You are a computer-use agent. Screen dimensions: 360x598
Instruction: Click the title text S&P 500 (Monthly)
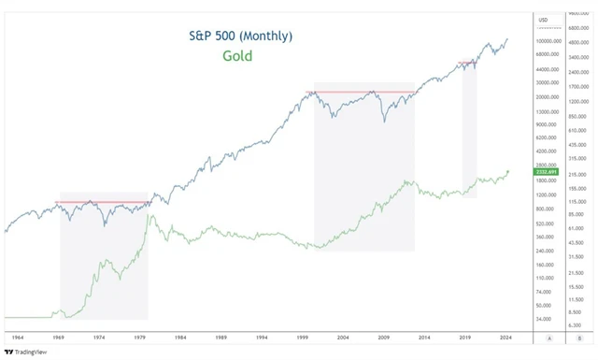coord(238,36)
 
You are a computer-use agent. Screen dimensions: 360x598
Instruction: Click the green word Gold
coord(237,56)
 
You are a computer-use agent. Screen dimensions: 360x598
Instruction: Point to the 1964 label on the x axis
coord(18,334)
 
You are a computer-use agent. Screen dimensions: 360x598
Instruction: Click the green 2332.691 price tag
coord(547,172)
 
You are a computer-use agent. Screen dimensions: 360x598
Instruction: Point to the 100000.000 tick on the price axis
coord(548,41)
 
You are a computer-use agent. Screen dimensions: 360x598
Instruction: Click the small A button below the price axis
coord(549,338)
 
